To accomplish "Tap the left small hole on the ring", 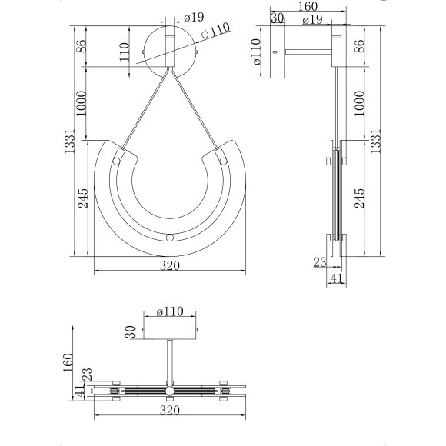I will [116, 161].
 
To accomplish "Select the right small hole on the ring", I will [223, 161].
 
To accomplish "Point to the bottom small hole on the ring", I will [169, 238].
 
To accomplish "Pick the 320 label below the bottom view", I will [169, 411].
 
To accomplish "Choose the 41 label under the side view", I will [336, 278].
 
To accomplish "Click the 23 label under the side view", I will [321, 263].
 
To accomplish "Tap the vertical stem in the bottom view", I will [169, 362].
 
